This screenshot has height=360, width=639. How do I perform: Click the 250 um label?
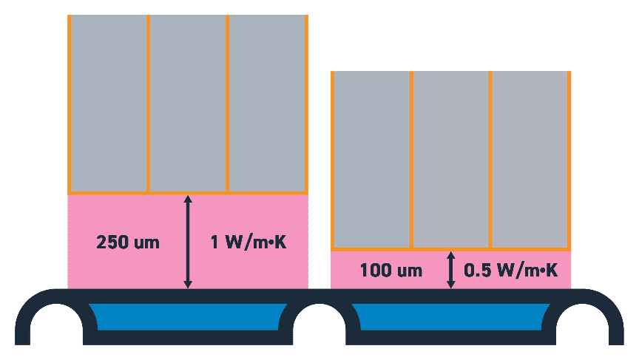(x=128, y=242)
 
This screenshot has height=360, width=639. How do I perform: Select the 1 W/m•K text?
(x=249, y=242)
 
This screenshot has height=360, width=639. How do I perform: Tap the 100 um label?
(x=391, y=271)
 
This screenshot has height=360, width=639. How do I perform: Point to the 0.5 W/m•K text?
(x=510, y=271)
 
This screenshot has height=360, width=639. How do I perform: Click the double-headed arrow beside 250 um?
(x=188, y=242)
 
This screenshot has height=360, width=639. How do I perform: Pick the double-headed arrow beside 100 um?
(x=451, y=270)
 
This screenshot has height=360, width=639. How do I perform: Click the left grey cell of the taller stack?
(x=109, y=103)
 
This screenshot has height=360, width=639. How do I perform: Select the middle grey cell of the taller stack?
(x=188, y=103)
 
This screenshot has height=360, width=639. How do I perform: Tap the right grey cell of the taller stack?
(x=266, y=103)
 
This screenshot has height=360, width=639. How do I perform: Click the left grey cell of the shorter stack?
(x=371, y=160)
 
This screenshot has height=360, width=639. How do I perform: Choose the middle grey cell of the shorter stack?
(x=450, y=160)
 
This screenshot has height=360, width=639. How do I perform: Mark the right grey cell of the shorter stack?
(x=530, y=160)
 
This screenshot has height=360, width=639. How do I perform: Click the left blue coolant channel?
(x=188, y=316)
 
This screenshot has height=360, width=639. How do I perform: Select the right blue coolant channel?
(x=451, y=316)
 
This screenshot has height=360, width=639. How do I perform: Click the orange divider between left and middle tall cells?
(x=149, y=103)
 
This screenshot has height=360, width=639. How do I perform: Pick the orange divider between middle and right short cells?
(x=490, y=160)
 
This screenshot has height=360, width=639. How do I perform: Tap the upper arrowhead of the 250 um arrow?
(x=188, y=200)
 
